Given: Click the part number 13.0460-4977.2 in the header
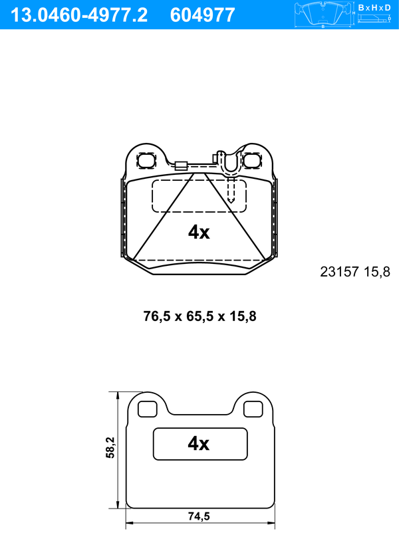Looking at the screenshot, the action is coord(78,15).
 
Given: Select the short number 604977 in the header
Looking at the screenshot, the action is coord(203,15).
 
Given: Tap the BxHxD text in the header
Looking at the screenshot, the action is coord(374,7).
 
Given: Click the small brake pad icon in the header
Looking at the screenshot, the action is coord(323,15).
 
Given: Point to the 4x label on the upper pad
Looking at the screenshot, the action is coord(199,232).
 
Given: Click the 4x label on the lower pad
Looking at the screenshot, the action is coord(199,443).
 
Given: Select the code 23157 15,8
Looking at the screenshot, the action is coord(355,272).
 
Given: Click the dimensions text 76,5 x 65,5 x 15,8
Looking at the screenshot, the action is coord(199,316).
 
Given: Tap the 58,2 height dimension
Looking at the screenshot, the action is coord(110,447).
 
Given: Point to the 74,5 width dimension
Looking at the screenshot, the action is coord(199,516).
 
